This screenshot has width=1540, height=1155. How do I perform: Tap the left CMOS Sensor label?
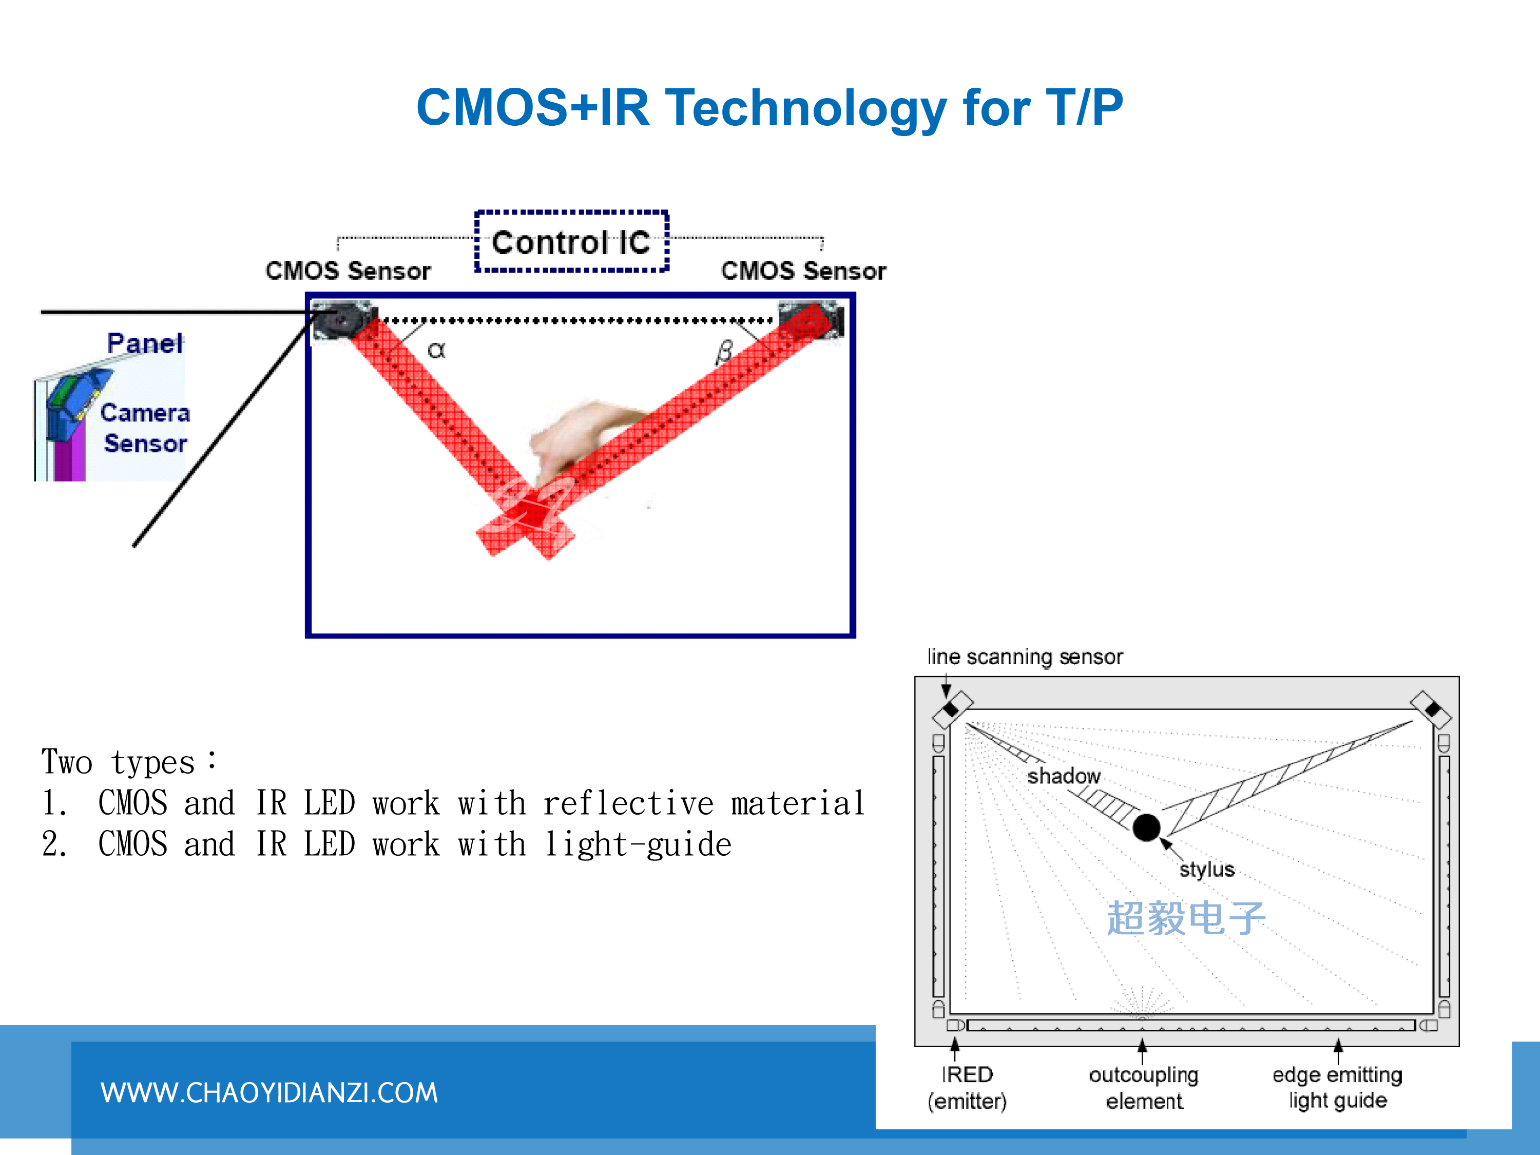point(348,271)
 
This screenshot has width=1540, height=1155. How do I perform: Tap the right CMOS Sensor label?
point(803,271)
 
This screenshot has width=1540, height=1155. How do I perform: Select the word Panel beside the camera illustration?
point(145,343)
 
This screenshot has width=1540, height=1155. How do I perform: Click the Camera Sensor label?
point(145,428)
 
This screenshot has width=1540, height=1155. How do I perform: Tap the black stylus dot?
point(1147,827)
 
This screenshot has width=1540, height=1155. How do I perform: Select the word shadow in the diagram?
point(1064,776)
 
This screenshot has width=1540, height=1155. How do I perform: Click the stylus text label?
point(1206,870)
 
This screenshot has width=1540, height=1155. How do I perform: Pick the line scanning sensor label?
point(1025,657)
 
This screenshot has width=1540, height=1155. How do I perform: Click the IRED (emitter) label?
point(967,1087)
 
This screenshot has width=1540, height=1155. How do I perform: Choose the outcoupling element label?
point(1144,1087)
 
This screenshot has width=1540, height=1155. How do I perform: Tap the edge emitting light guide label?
point(1337,1087)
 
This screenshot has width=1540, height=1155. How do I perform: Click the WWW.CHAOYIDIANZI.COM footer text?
point(269,1092)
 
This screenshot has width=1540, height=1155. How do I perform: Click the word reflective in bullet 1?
point(628,803)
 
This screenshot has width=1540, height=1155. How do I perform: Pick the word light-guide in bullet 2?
point(638,844)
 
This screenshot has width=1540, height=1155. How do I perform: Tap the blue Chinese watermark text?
point(1186,918)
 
